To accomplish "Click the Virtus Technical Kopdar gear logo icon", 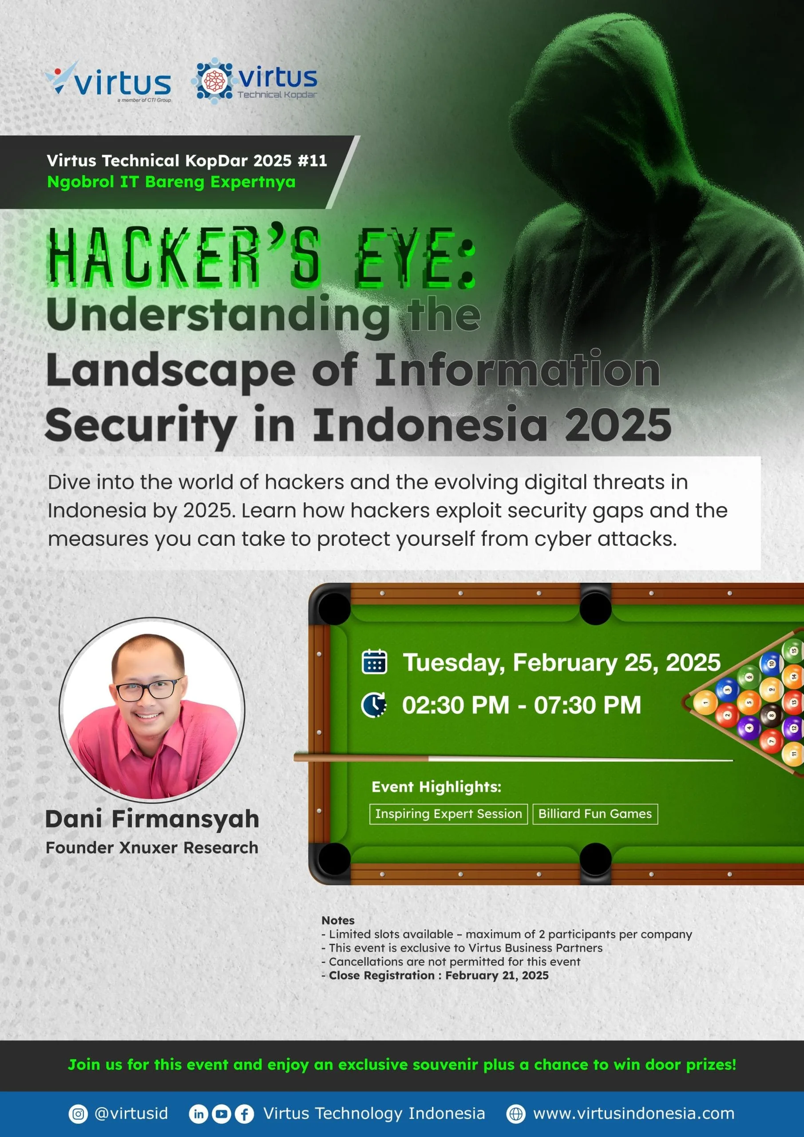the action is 214,80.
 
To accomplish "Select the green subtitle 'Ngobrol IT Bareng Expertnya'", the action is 171,182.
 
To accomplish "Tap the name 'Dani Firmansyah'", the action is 152,819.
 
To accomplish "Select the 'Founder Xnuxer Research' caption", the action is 152,847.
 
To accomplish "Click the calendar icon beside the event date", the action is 375,662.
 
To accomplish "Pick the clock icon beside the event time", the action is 374,705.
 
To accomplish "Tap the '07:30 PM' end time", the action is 587,705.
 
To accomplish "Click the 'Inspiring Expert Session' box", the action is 448,814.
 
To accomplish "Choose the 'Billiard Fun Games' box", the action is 595,814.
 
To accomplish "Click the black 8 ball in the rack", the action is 771,716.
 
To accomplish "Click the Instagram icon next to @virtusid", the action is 78,1114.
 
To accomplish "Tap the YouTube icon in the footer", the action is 221,1114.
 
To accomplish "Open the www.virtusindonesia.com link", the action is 634,1114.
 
